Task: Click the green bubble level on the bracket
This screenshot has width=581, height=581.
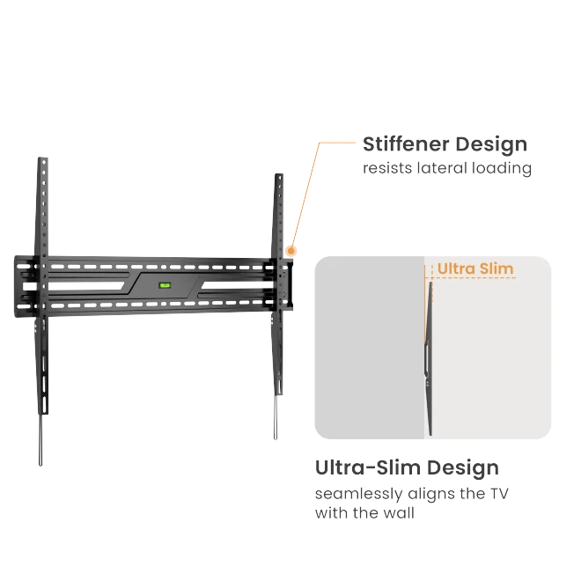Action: click(x=165, y=285)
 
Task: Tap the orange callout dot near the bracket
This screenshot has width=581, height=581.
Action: click(x=291, y=251)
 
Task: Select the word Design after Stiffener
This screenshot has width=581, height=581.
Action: click(x=491, y=144)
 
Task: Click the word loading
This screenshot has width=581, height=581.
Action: click(x=502, y=169)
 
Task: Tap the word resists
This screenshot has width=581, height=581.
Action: click(x=386, y=168)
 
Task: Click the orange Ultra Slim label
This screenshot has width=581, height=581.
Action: click(x=475, y=268)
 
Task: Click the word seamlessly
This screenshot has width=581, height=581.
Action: click(x=358, y=495)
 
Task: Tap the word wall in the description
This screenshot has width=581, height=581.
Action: click(x=399, y=513)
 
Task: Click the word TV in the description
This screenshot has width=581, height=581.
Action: click(x=499, y=494)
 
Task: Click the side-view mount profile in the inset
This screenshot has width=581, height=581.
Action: click(x=429, y=358)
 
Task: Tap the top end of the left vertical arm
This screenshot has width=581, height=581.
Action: click(x=43, y=158)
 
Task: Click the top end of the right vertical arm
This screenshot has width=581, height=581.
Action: click(x=279, y=175)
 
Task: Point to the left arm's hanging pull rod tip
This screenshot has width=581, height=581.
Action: click(x=40, y=464)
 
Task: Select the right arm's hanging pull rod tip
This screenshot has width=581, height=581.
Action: click(x=276, y=438)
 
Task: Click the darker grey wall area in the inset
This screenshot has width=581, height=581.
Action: click(x=370, y=348)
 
